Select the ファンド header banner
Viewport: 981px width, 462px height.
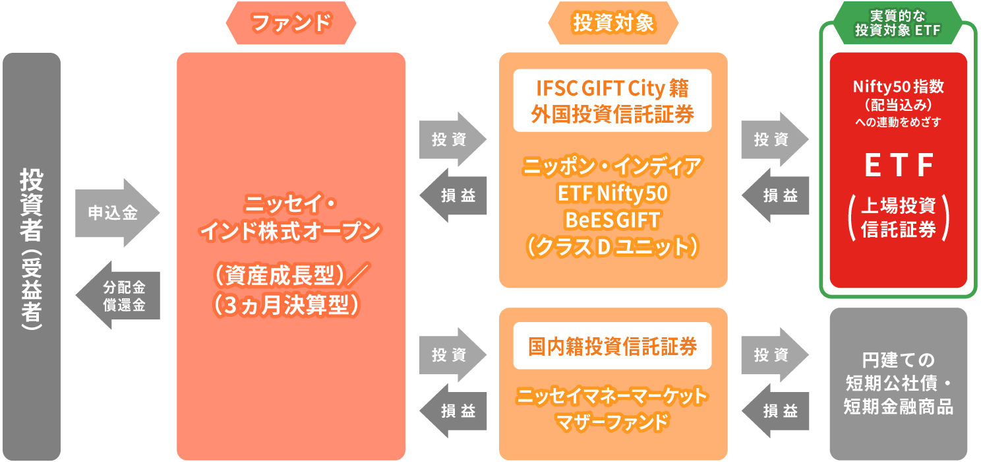tap(291, 23)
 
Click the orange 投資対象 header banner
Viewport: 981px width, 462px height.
tap(613, 23)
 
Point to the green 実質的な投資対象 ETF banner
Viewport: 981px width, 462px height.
tap(897, 23)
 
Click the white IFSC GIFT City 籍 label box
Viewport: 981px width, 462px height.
tap(612, 101)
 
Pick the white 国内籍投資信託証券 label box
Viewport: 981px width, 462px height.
tap(612, 346)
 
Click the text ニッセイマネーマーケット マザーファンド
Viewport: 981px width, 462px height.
tap(612, 408)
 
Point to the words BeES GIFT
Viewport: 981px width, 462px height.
tap(612, 218)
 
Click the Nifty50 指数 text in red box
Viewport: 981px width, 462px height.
tap(898, 86)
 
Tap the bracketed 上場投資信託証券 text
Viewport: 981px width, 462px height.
tap(898, 217)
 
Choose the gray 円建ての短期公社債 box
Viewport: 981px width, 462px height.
tap(898, 383)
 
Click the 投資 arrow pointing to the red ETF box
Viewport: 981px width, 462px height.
tap(774, 139)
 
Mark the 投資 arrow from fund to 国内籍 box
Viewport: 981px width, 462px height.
tap(452, 354)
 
